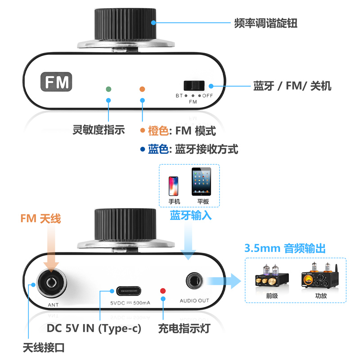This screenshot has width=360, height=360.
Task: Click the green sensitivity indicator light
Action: point(108,89)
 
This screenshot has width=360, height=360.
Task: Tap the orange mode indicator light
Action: point(142,89)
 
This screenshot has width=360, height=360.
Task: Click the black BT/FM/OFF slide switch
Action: point(194,85)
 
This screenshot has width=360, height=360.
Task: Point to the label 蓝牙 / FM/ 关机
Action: point(292,86)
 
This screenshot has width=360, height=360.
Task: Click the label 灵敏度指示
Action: point(99,130)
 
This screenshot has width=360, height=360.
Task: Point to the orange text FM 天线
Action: point(40,219)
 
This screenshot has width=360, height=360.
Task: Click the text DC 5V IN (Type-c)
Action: point(94,328)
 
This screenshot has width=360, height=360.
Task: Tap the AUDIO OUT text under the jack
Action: point(195,301)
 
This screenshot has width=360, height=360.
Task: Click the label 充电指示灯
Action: point(184,328)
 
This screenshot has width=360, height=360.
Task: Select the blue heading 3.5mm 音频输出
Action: point(285,248)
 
